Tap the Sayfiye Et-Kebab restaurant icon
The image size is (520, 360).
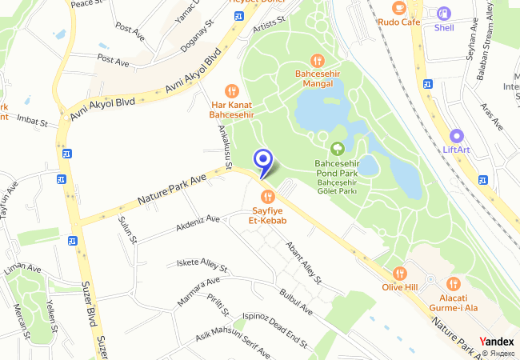tap(267, 196)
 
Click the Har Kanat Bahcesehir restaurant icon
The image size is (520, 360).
tap(232, 91)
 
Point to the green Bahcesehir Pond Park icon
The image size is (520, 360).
tap(337, 148)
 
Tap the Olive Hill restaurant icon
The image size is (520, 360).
tap(401, 273)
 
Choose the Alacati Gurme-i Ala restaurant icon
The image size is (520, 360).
tap(453, 283)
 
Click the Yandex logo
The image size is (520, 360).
tap(497, 342)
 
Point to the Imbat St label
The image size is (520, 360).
tap(33, 121)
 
